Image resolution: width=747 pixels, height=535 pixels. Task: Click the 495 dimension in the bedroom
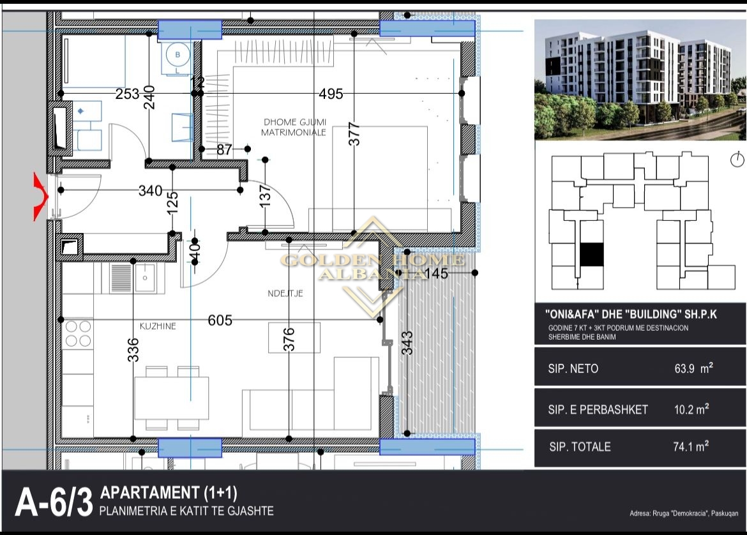pyautogui.click(x=331, y=94)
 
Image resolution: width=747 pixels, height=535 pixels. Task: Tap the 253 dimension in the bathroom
pyautogui.click(x=127, y=94)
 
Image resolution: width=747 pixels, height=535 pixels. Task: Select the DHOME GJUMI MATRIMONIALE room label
pyautogui.click(x=294, y=127)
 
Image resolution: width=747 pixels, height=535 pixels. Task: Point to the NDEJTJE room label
pyautogui.click(x=285, y=294)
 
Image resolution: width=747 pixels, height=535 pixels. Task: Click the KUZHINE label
pyautogui.click(x=158, y=326)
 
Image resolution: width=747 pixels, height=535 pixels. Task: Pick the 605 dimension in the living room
pyautogui.click(x=220, y=320)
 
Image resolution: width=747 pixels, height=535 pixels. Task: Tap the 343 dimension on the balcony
pyautogui.click(x=407, y=343)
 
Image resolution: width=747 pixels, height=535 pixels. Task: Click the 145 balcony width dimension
pyautogui.click(x=436, y=273)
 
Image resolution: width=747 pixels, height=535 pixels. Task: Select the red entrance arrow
pyautogui.click(x=41, y=197)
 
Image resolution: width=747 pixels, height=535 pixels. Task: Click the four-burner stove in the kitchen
pyautogui.click(x=78, y=333)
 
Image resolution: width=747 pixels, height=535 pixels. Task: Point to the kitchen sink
pyautogui.click(x=145, y=277)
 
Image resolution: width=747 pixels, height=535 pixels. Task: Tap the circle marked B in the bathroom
pyautogui.click(x=177, y=55)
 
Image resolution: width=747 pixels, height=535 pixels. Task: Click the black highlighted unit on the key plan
pyautogui.click(x=592, y=254)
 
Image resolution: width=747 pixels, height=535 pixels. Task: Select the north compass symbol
pyautogui.click(x=737, y=160)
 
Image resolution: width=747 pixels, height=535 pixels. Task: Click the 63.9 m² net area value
pyautogui.click(x=693, y=368)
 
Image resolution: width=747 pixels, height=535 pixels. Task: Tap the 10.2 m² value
pyautogui.click(x=691, y=409)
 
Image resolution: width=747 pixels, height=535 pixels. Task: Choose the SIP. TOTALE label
pyautogui.click(x=580, y=447)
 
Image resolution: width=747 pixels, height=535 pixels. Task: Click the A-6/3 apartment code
pyautogui.click(x=54, y=502)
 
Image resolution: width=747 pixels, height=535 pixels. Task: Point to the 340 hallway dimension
pyautogui.click(x=151, y=190)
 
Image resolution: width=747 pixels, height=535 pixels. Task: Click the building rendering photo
pyautogui.click(x=640, y=80)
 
